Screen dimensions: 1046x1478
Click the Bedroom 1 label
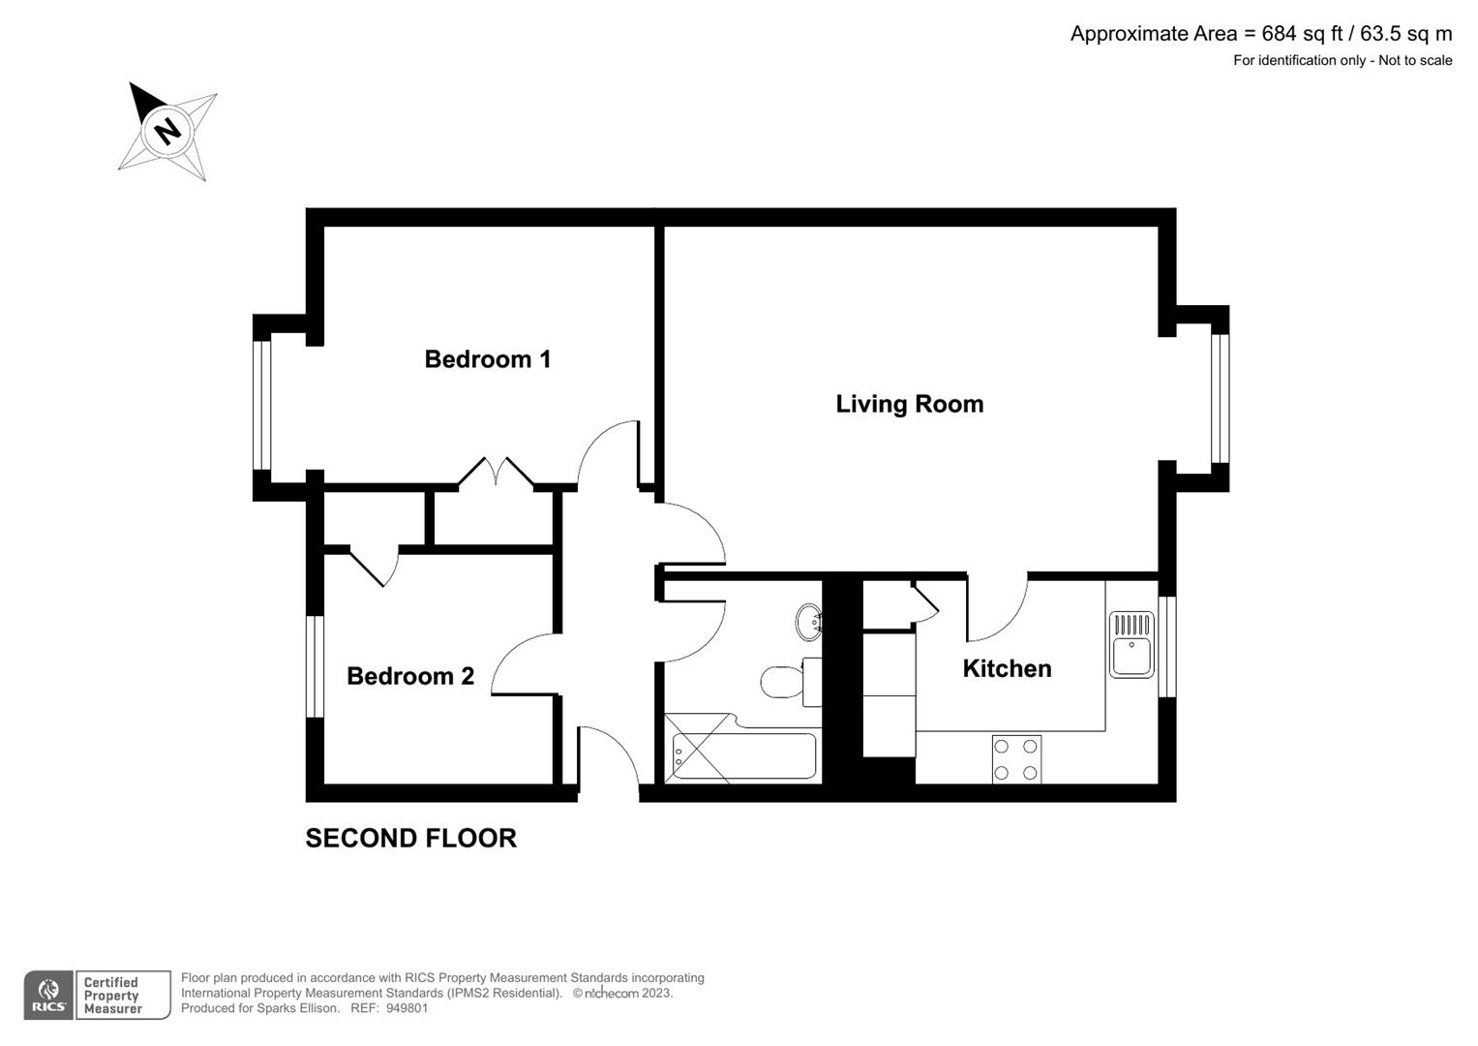(x=488, y=359)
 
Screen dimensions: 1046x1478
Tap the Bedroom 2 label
(x=410, y=676)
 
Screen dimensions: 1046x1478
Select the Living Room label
(x=909, y=404)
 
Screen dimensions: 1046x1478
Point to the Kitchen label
(x=1007, y=668)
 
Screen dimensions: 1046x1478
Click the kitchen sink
(x=1131, y=645)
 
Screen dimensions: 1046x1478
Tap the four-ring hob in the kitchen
(x=1016, y=759)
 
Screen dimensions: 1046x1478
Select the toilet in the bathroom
(x=784, y=682)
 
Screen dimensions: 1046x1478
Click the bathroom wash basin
(x=808, y=622)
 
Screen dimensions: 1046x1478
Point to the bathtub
(x=743, y=756)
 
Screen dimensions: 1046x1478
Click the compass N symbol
(x=168, y=131)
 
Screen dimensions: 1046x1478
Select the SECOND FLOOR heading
(x=410, y=838)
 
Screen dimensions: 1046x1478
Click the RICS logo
(x=48, y=996)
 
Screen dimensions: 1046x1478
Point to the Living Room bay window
(x=1220, y=398)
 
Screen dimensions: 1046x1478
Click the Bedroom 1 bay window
(x=261, y=406)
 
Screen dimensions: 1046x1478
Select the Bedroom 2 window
(x=315, y=667)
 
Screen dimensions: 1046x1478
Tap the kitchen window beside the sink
(x=1167, y=646)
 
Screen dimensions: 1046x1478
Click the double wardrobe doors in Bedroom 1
(x=496, y=472)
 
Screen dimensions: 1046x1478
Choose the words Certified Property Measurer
(x=112, y=996)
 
